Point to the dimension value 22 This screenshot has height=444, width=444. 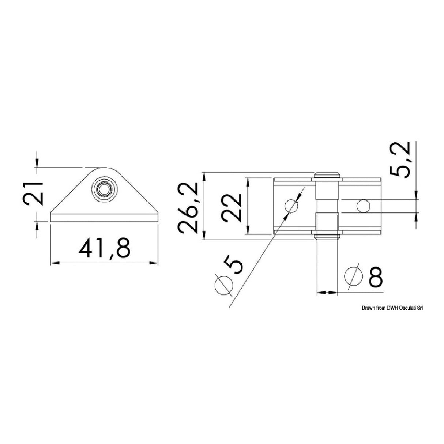click(x=232, y=207)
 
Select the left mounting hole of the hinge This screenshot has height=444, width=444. click(x=291, y=206)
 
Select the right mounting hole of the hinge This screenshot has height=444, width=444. click(x=363, y=206)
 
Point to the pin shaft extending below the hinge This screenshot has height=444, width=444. click(x=327, y=263)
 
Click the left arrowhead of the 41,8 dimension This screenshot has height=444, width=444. click(x=53, y=263)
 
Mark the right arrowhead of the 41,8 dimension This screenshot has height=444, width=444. click(x=154, y=263)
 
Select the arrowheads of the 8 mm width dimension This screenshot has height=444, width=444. click(x=327, y=293)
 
